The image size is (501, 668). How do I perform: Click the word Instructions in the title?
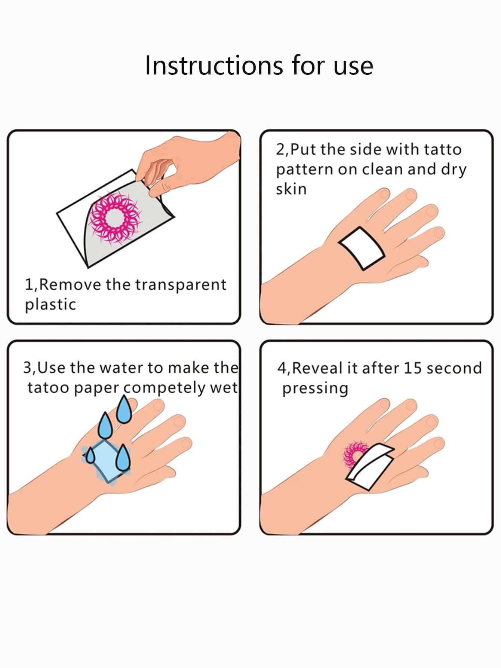click(x=214, y=65)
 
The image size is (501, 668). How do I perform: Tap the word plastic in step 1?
click(x=50, y=304)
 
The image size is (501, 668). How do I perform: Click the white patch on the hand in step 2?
click(x=362, y=248)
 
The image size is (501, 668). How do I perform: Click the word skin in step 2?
click(x=291, y=189)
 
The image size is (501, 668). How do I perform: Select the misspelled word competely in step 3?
click(x=165, y=388)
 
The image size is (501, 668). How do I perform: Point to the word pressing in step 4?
click(x=315, y=389)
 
